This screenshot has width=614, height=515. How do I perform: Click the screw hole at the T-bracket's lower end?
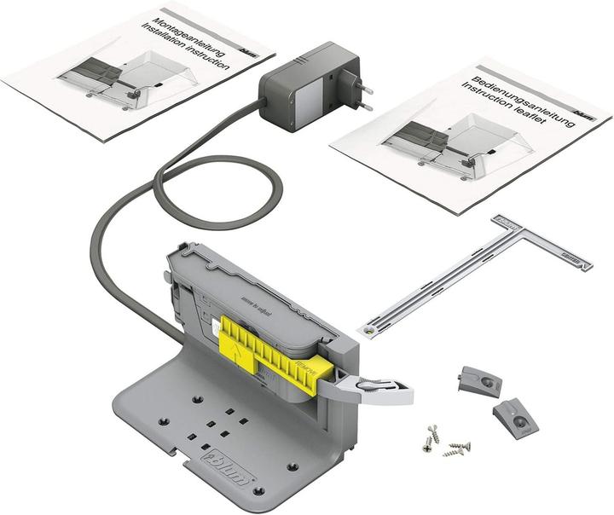(x=369, y=327)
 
